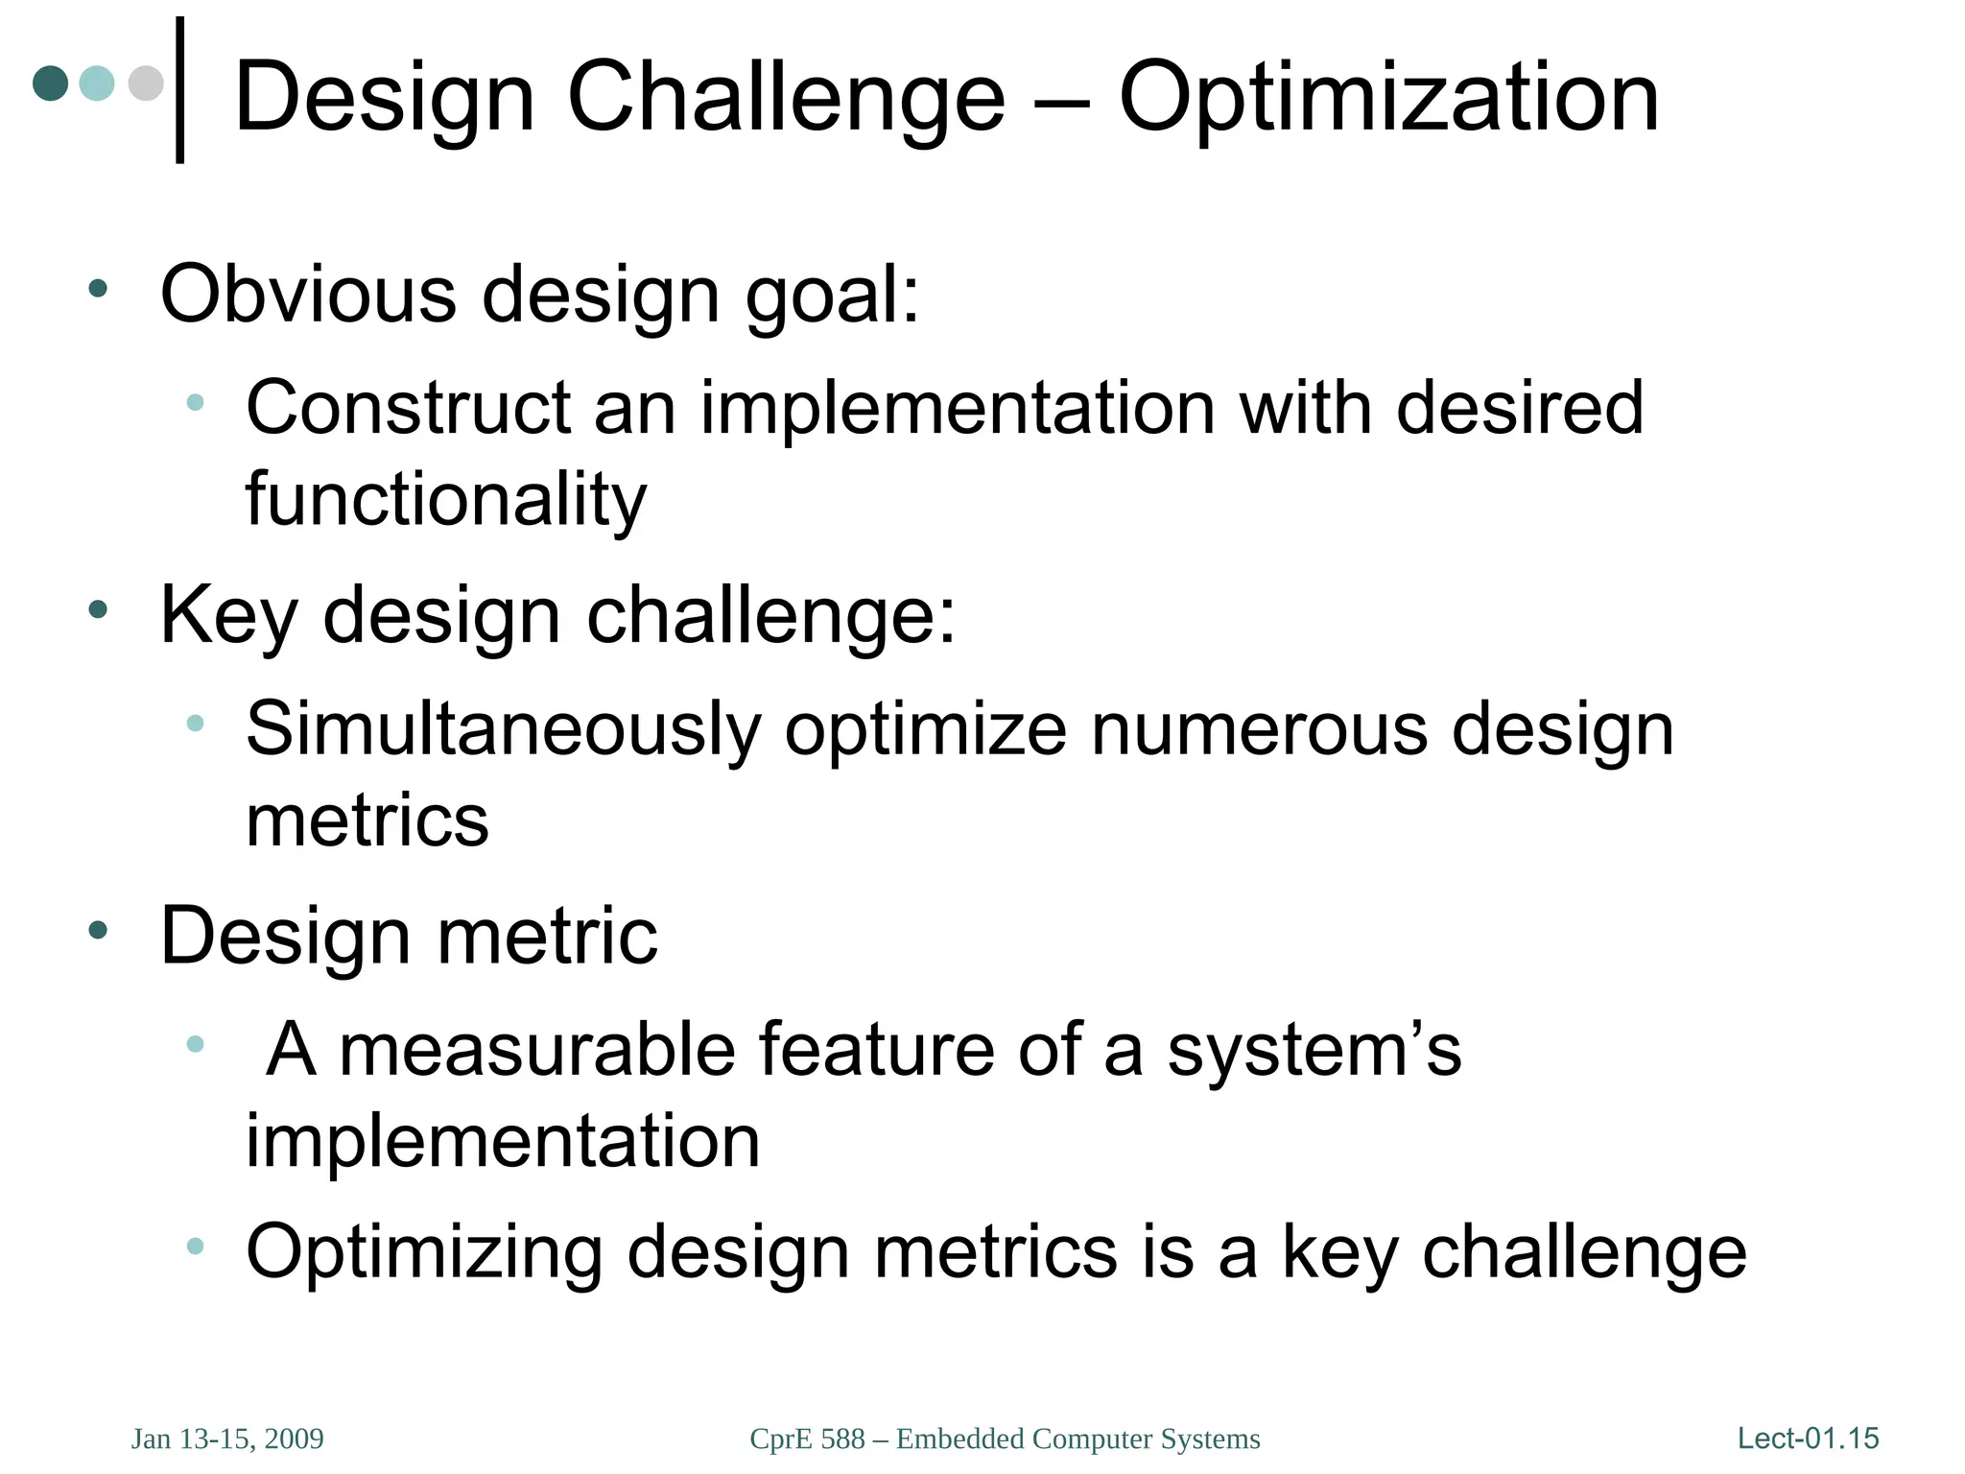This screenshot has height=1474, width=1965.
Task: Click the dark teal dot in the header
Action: [50, 83]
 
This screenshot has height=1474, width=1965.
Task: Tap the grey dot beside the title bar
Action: [146, 83]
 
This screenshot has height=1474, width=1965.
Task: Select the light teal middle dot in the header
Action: [97, 83]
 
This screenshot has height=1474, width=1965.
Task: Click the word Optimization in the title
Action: [1388, 98]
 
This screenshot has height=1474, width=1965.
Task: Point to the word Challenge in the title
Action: [786, 98]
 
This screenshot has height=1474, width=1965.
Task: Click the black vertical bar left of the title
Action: [179, 90]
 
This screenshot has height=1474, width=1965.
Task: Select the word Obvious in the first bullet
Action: [308, 294]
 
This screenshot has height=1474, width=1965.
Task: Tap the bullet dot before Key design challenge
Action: [98, 608]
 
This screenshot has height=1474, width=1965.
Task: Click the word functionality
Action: [446, 499]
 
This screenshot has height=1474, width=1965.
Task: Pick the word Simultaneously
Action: [503, 729]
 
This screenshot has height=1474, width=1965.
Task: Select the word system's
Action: [1314, 1050]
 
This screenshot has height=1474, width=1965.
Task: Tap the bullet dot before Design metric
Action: [98, 929]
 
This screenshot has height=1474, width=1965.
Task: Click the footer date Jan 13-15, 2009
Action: [227, 1438]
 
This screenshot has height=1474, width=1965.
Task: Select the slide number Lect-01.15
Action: [1808, 1438]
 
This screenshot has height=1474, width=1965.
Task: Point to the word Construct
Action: [408, 408]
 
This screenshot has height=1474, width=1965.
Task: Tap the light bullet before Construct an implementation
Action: [195, 402]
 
